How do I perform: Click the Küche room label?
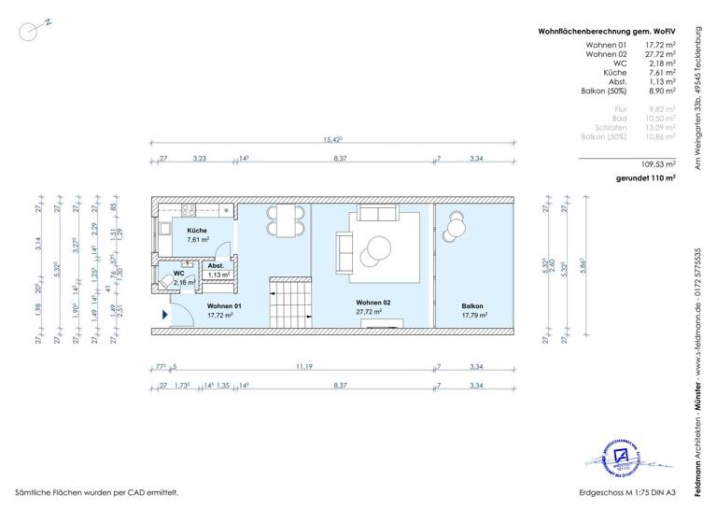pyautogui.click(x=196, y=230)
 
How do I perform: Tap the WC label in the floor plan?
pyautogui.click(x=177, y=273)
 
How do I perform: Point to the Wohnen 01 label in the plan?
pyautogui.click(x=225, y=306)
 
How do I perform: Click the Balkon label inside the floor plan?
pyautogui.click(x=473, y=306)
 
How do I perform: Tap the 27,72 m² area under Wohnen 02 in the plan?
pyautogui.click(x=370, y=313)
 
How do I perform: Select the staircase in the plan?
pyautogui.click(x=290, y=298)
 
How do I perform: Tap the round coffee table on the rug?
pyautogui.click(x=381, y=248)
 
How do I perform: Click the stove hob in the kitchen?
pyautogui.click(x=187, y=210)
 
